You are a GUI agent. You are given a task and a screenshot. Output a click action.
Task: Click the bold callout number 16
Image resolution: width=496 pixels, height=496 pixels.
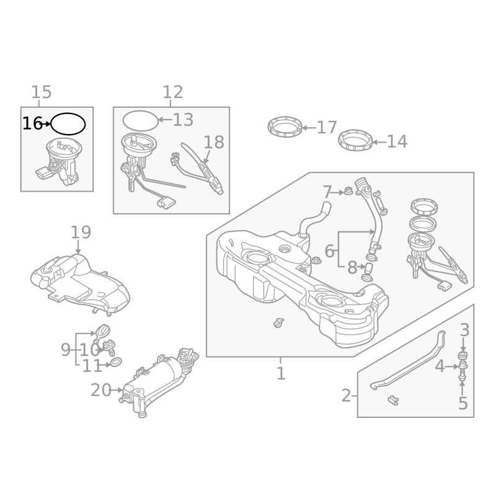point(32,123)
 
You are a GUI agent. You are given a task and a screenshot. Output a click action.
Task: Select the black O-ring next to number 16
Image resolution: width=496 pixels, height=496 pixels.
point(68,113)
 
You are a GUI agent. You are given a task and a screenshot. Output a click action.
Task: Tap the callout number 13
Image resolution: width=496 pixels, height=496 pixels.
point(183,120)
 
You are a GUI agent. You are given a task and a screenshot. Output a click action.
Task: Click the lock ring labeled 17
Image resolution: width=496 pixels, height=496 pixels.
point(285,127)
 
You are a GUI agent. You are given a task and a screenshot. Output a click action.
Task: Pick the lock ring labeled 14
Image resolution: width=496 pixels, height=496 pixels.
point(355,140)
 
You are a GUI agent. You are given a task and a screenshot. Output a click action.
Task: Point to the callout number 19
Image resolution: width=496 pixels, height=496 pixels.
point(81,232)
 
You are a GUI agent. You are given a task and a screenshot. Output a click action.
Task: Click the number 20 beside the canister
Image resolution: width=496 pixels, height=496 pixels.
point(101,390)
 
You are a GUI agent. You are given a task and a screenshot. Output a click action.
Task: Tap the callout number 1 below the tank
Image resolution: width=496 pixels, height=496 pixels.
point(281,373)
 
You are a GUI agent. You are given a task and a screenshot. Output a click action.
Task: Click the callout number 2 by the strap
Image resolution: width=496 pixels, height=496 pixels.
point(347,396)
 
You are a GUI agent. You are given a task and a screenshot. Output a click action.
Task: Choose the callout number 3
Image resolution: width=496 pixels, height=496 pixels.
point(464,330)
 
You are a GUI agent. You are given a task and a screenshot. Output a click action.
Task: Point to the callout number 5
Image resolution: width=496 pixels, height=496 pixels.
point(463,404)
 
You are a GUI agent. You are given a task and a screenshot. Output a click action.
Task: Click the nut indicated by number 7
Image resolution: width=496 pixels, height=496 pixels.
point(348,192)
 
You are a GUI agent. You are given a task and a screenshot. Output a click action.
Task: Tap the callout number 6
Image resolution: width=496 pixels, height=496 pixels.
point(330,251)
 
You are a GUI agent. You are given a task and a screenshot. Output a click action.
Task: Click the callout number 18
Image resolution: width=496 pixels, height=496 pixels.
point(214,142)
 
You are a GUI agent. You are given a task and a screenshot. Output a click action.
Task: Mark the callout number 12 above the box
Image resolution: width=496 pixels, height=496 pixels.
point(173,92)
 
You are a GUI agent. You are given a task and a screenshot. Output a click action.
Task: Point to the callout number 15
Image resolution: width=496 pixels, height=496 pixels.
point(42,92)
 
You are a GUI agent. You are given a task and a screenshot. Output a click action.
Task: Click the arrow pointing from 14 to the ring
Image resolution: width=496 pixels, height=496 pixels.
point(379,143)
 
